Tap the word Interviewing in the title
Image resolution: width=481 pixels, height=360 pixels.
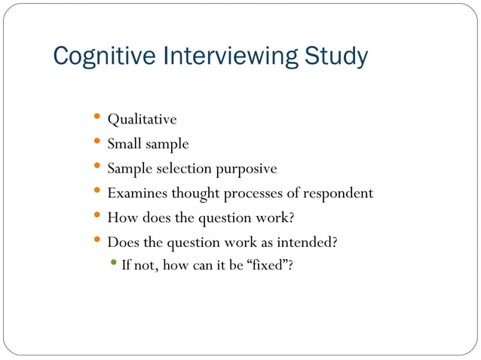[219, 56]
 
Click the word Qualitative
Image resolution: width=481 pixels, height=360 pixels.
[142, 120]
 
